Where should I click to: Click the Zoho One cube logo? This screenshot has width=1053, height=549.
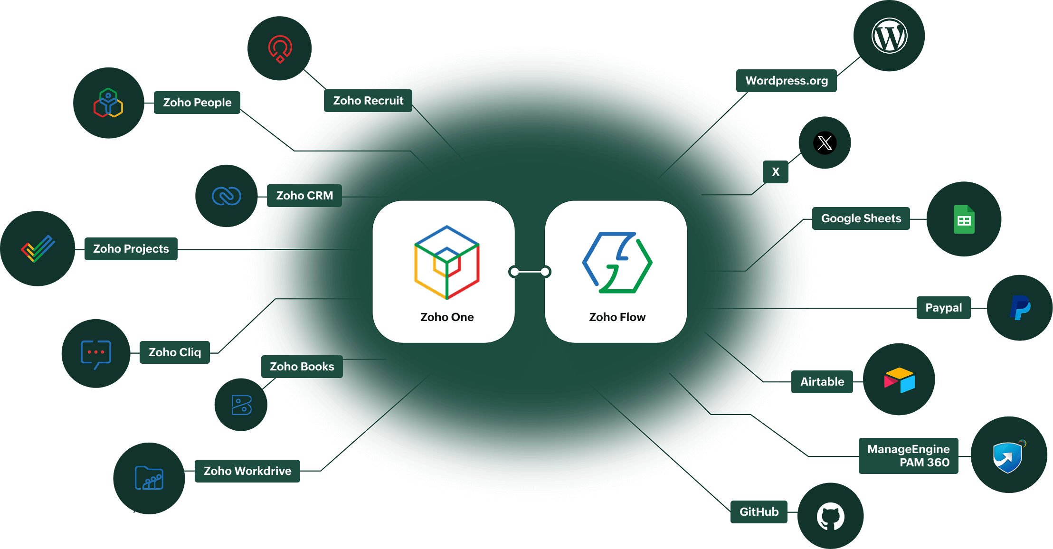click(x=446, y=262)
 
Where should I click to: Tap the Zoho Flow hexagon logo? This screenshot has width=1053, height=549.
click(x=617, y=262)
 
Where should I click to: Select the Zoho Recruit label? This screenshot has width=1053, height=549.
click(x=368, y=101)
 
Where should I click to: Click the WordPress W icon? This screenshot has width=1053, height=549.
click(x=889, y=36)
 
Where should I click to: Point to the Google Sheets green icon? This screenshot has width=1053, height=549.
click(x=964, y=219)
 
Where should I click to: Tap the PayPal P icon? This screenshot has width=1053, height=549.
click(x=1020, y=308)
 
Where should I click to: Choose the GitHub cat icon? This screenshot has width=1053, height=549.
click(x=830, y=516)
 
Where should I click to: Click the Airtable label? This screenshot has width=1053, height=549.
click(x=822, y=382)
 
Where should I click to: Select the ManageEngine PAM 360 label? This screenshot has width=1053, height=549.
click(x=908, y=456)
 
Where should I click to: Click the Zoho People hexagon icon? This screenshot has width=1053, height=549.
click(x=108, y=103)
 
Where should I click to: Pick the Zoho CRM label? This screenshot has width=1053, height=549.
click(x=304, y=196)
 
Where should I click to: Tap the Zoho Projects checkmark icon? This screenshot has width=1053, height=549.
click(x=38, y=248)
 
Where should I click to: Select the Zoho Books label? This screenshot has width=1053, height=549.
click(x=302, y=367)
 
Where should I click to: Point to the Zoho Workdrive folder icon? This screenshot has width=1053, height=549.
click(x=149, y=478)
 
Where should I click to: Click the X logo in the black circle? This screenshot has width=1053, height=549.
click(x=825, y=142)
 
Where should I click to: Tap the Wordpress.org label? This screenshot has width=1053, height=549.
click(x=787, y=81)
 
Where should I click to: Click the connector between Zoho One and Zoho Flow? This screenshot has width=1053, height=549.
click(x=530, y=272)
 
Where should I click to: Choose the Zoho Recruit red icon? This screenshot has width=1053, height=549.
click(x=280, y=48)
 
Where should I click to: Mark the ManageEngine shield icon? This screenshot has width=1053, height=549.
click(x=1008, y=456)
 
